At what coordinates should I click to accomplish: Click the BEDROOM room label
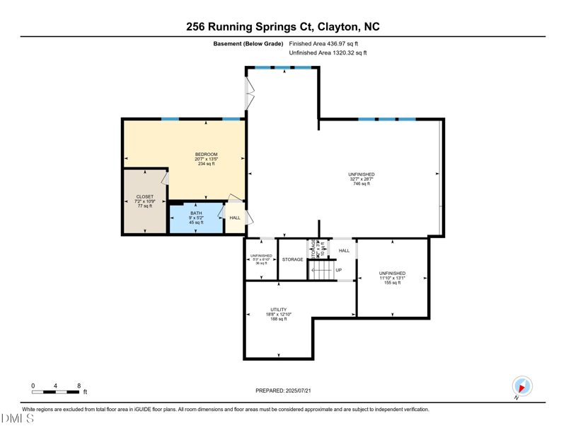206,155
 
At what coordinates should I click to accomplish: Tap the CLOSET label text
145,197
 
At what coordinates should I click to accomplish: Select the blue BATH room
196,218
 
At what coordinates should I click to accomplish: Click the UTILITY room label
279,310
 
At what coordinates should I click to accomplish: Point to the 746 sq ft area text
362,184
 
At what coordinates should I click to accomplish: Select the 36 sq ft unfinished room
260,259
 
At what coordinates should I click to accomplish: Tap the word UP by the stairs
339,270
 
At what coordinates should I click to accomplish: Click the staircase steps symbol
321,270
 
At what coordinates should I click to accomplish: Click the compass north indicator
522,387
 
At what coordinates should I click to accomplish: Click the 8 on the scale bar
79,386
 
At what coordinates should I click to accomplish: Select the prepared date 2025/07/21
283,391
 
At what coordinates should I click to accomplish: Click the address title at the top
283,26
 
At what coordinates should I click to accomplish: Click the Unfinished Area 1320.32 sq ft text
328,53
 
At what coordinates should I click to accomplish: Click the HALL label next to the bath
235,218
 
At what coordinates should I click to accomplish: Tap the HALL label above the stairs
344,250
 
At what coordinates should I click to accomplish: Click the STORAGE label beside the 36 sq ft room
292,259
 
